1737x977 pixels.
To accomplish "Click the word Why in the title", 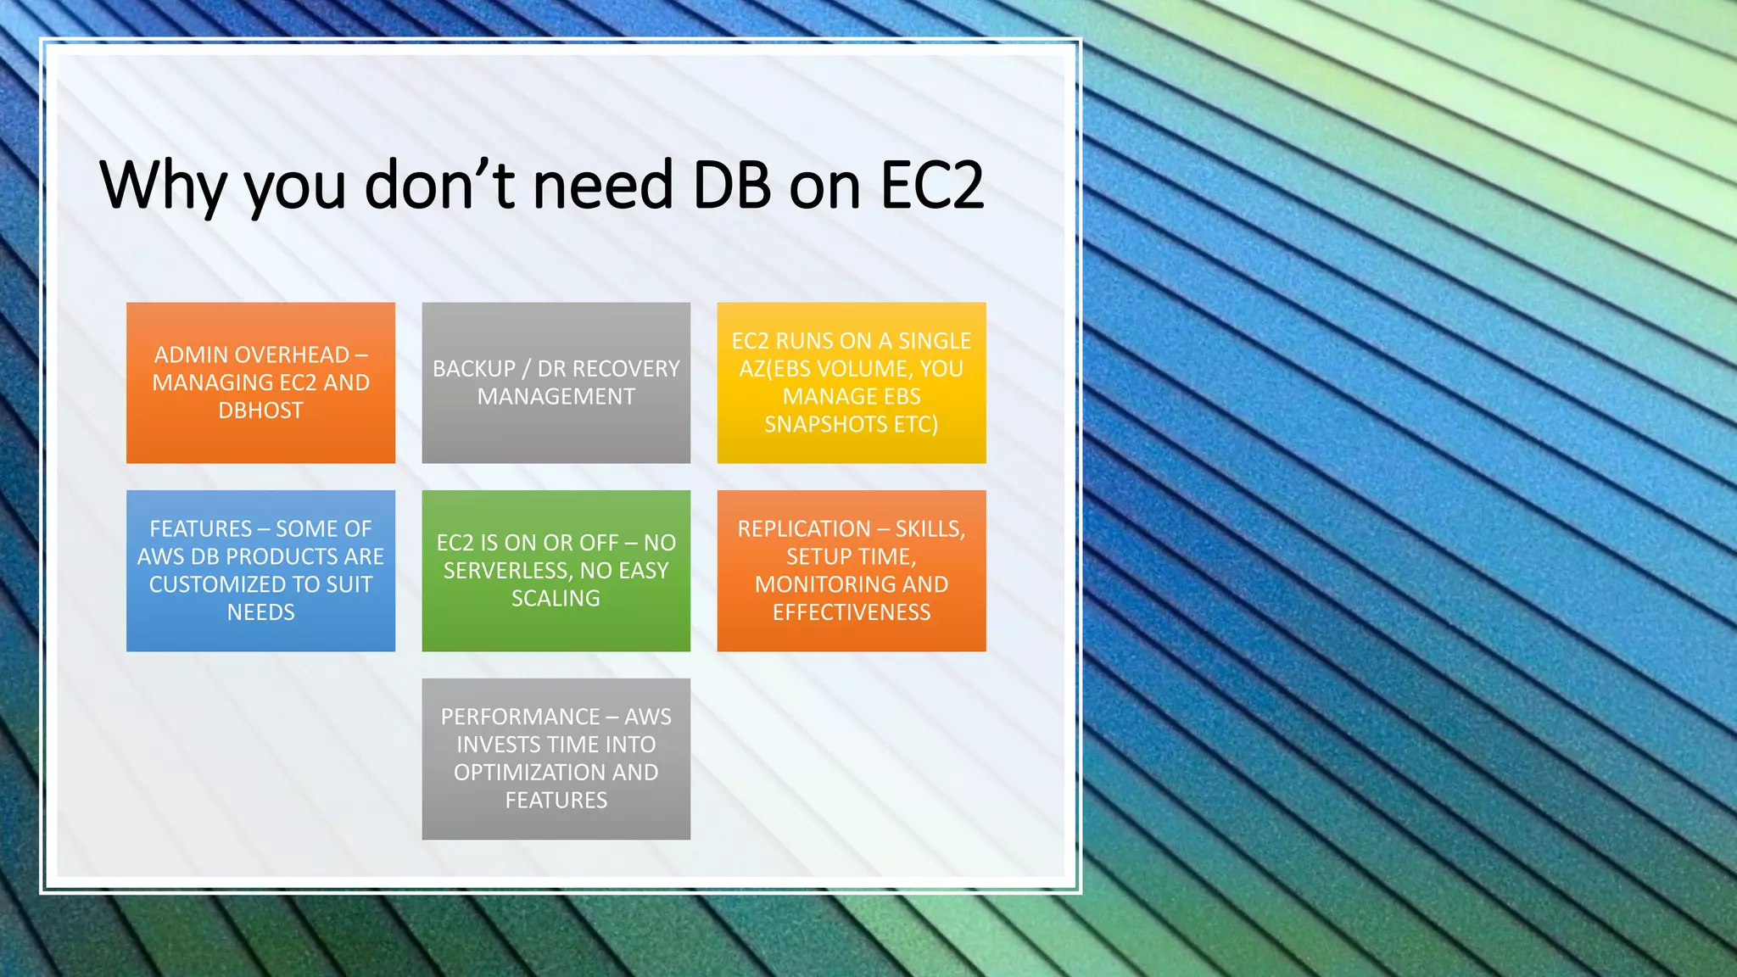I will coord(161,185).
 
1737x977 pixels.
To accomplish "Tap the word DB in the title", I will coord(731,185).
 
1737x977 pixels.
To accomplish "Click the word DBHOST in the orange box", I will coord(260,410).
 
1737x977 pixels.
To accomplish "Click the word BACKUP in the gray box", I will coord(473,369).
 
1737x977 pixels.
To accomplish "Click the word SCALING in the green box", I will coord(556,599).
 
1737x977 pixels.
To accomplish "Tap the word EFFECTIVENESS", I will coord(851,612).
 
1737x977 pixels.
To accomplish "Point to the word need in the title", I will coord(602,185).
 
